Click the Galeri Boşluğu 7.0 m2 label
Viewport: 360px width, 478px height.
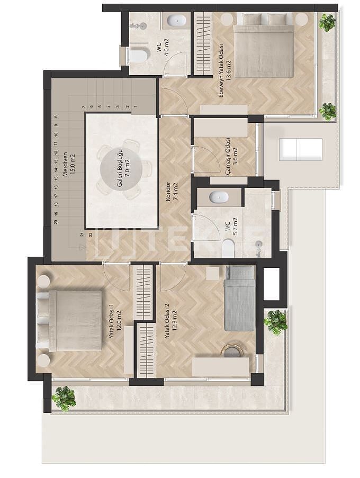pos(122,169)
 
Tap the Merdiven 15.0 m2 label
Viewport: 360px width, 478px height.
pos(68,165)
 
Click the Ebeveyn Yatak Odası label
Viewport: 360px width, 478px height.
pos(221,71)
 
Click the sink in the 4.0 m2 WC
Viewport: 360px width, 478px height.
pos(176,21)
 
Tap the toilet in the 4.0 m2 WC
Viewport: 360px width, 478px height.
pos(138,55)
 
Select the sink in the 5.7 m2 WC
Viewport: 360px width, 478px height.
pos(219,197)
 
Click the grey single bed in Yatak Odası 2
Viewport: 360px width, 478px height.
pos(240,298)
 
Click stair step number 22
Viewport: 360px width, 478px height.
pos(90,235)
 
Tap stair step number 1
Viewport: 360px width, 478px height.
pos(136,107)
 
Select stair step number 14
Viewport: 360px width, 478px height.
pos(56,169)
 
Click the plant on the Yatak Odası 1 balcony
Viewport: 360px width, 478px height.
pos(64,399)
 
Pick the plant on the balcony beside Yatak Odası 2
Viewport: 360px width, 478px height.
pos(276,322)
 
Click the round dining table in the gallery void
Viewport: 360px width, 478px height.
pos(121,170)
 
